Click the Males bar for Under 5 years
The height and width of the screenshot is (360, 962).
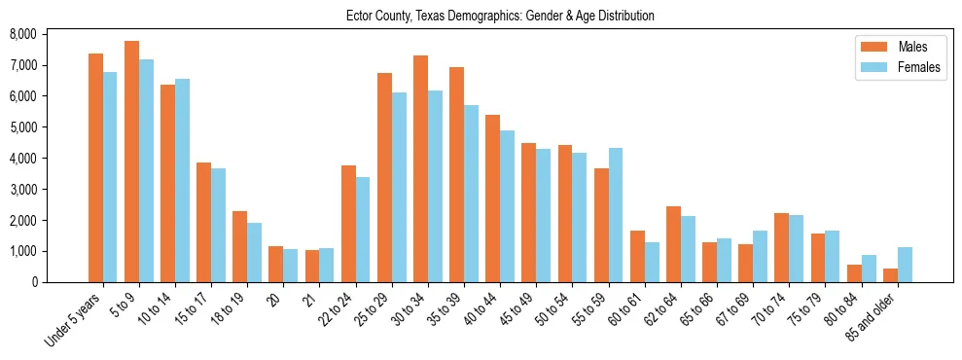pyautogui.click(x=95, y=167)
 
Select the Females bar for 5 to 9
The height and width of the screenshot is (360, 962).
pyautogui.click(x=146, y=170)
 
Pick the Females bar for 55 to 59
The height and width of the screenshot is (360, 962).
pyautogui.click(x=615, y=215)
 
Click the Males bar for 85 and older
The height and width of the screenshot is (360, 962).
pyautogui.click(x=889, y=275)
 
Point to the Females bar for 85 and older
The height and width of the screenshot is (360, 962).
pyautogui.click(x=905, y=265)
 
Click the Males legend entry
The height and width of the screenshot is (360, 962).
pyautogui.click(x=891, y=47)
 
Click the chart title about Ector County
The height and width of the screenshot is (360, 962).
pyautogui.click(x=500, y=16)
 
